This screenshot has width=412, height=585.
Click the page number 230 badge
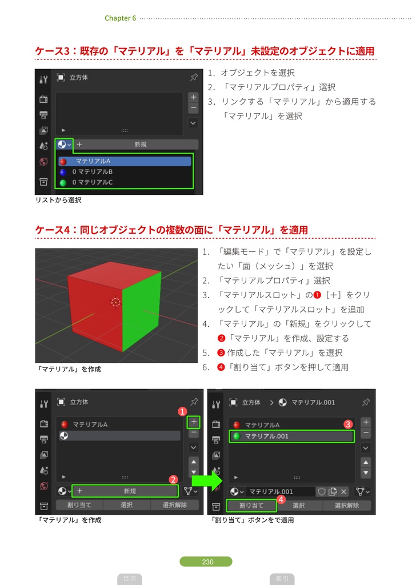click(206, 562)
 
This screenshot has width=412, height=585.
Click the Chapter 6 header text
click(120, 18)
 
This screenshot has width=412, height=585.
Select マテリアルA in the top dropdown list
click(125, 161)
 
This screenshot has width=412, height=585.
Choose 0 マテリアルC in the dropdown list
click(95, 182)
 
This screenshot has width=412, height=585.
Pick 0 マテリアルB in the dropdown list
click(95, 171)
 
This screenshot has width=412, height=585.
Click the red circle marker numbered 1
click(182, 411)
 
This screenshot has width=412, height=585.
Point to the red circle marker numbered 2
click(173, 480)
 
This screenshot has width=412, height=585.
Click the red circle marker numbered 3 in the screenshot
click(347, 424)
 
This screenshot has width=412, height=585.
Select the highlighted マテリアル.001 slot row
click(291, 436)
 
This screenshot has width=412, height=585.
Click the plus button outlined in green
click(194, 422)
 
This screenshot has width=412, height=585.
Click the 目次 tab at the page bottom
click(130, 579)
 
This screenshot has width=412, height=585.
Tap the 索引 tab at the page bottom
click(281, 579)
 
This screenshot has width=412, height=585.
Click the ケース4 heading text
click(171, 230)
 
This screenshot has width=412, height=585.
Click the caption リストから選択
click(58, 200)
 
